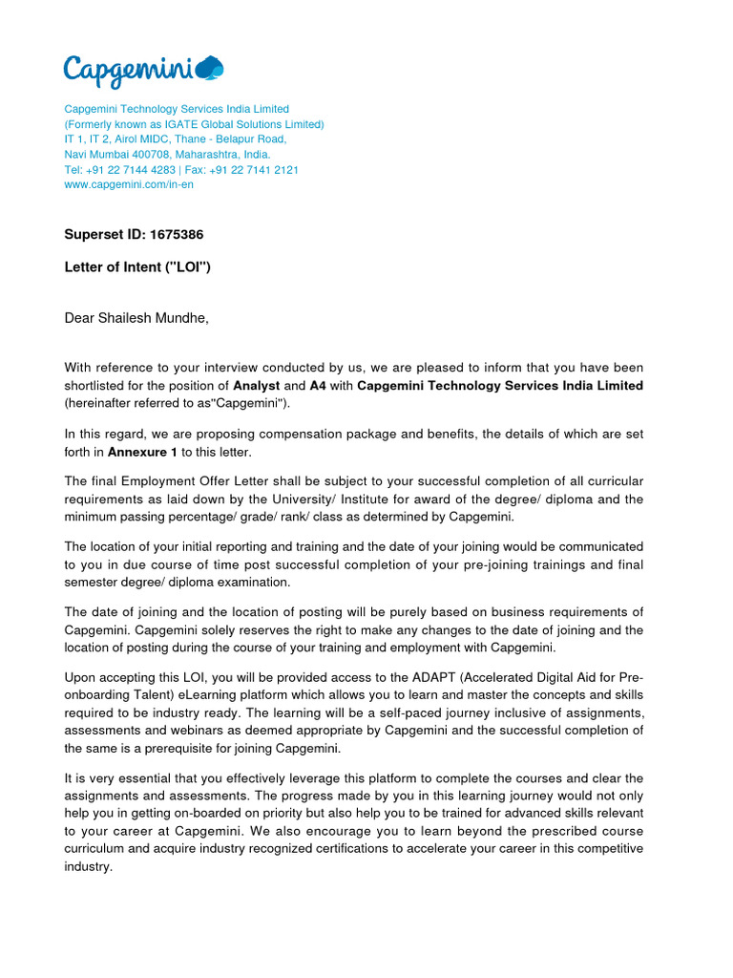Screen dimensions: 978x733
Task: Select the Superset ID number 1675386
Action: [x=173, y=234]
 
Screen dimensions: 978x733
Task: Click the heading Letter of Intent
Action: [x=136, y=267]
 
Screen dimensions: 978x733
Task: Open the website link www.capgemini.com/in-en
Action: [x=129, y=184]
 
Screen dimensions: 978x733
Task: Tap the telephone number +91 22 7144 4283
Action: [x=132, y=169]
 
